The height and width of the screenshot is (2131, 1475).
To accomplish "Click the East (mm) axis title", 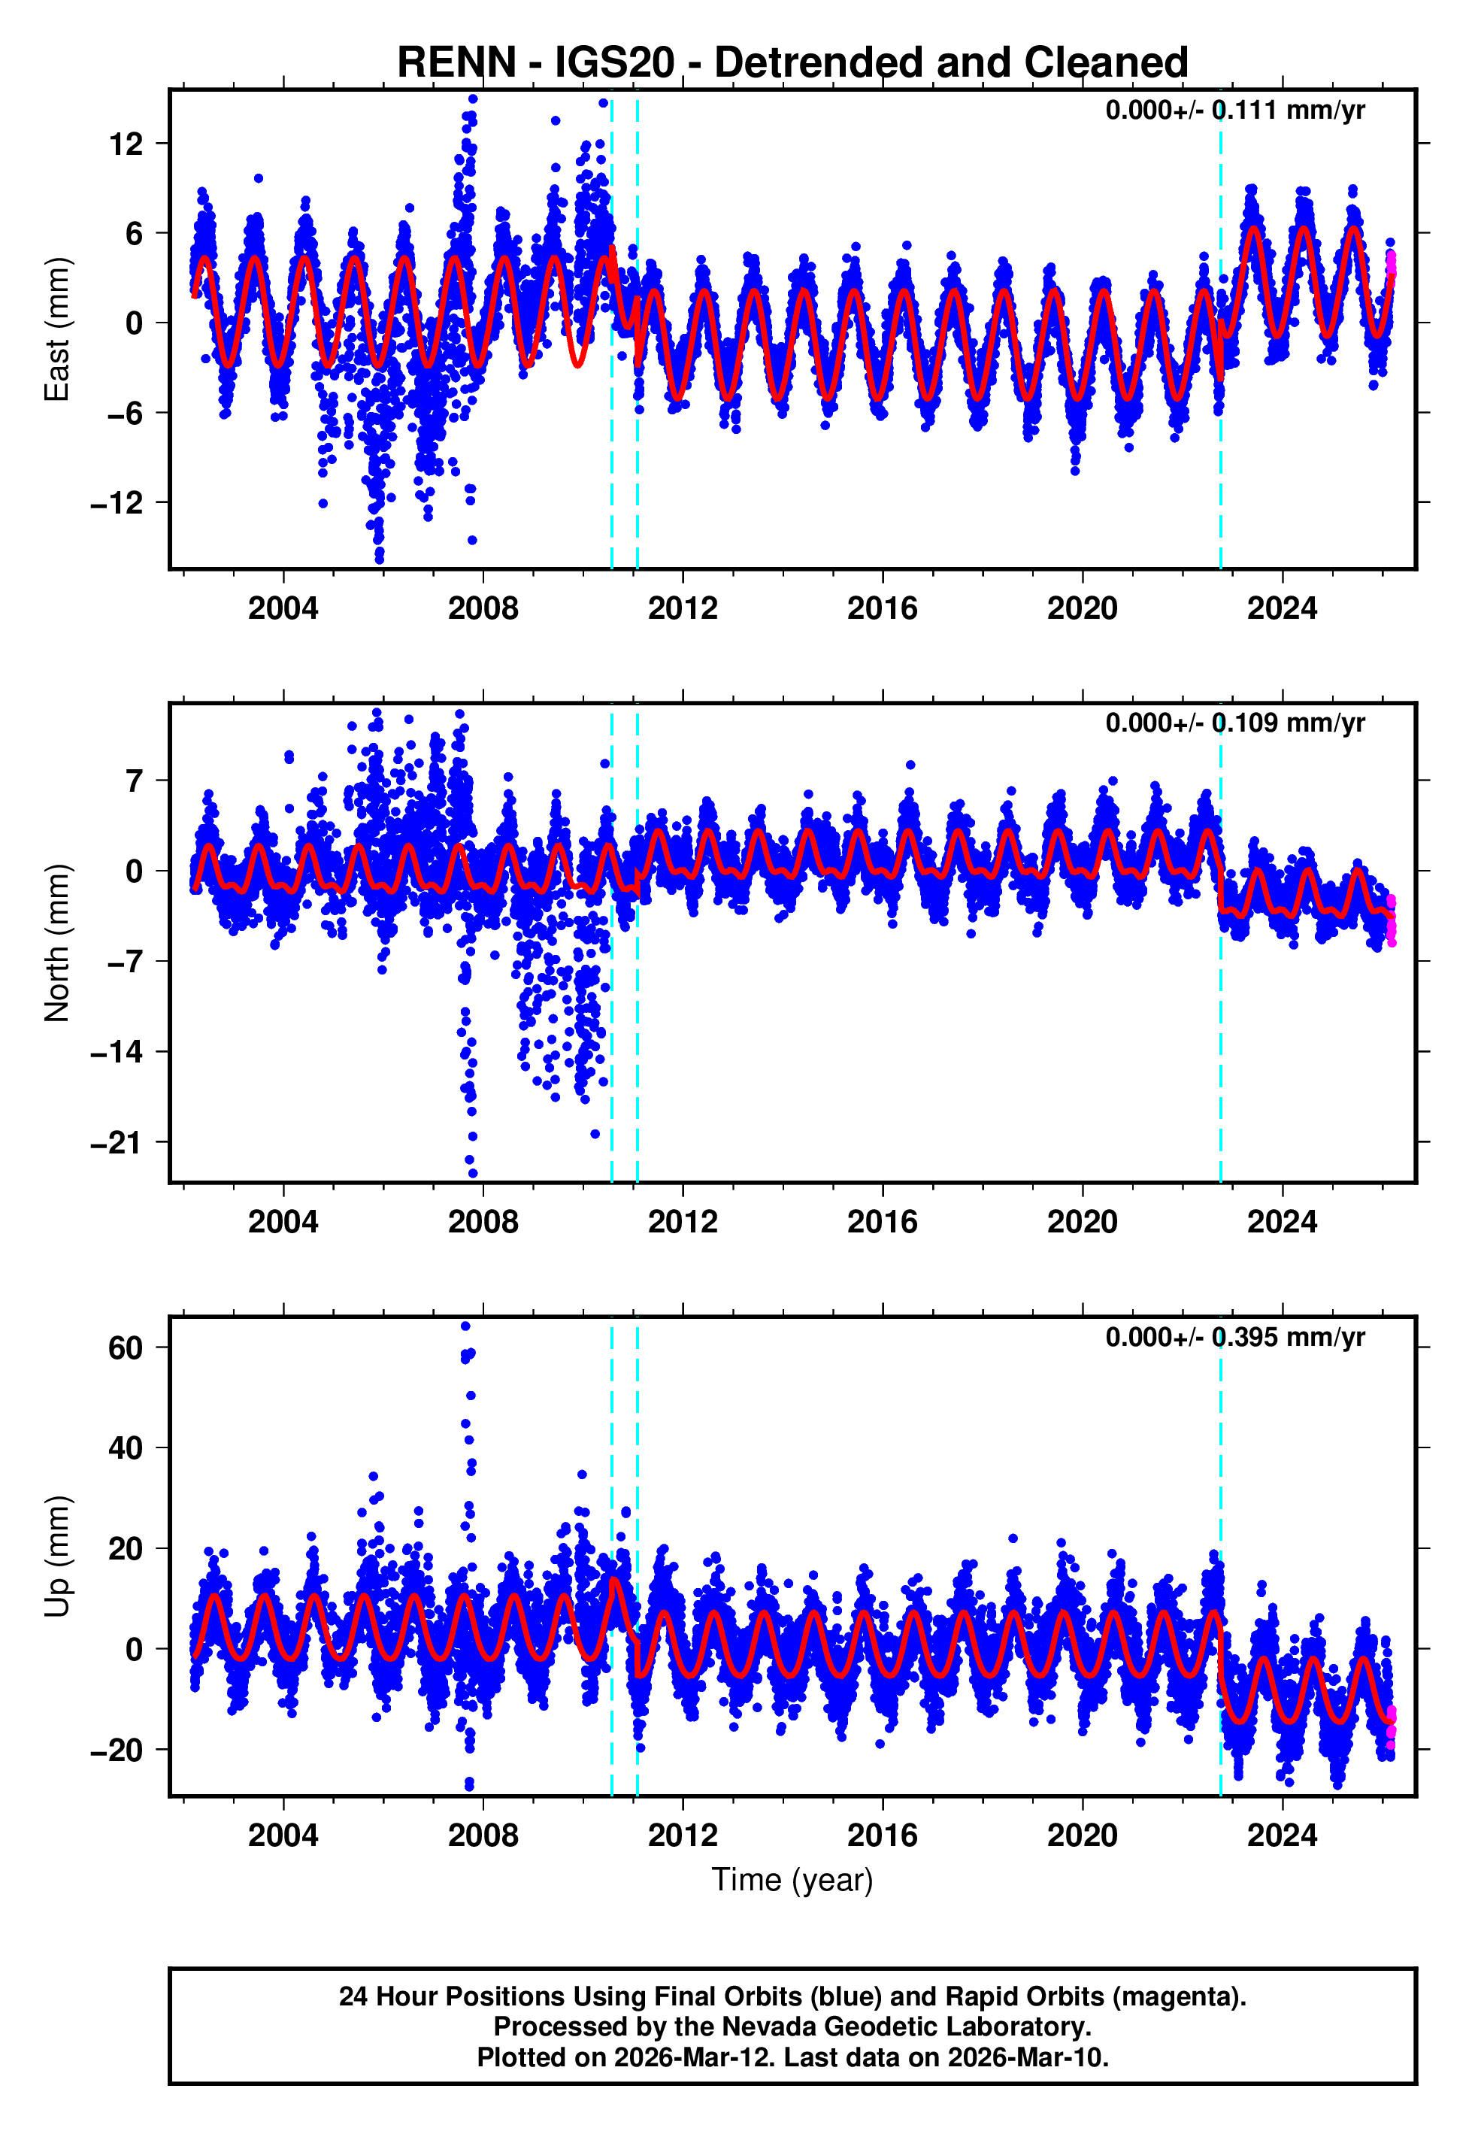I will [57, 329].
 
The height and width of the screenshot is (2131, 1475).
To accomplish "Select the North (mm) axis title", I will [57, 943].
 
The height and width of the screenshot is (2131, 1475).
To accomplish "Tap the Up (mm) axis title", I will [57, 1557].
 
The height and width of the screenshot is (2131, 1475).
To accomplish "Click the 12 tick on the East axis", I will [126, 144].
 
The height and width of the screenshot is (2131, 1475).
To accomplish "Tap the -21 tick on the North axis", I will [117, 1143].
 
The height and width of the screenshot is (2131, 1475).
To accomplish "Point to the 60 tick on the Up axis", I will [126, 1348].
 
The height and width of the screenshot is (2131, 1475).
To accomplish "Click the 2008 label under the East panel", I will [483, 608].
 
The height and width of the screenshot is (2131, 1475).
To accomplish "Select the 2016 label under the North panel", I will [882, 1222].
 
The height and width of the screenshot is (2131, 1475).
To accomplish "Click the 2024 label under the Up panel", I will [1281, 1835].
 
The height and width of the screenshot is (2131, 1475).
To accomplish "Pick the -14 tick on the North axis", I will [117, 1053].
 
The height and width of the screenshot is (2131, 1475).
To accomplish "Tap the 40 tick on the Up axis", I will [126, 1448].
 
